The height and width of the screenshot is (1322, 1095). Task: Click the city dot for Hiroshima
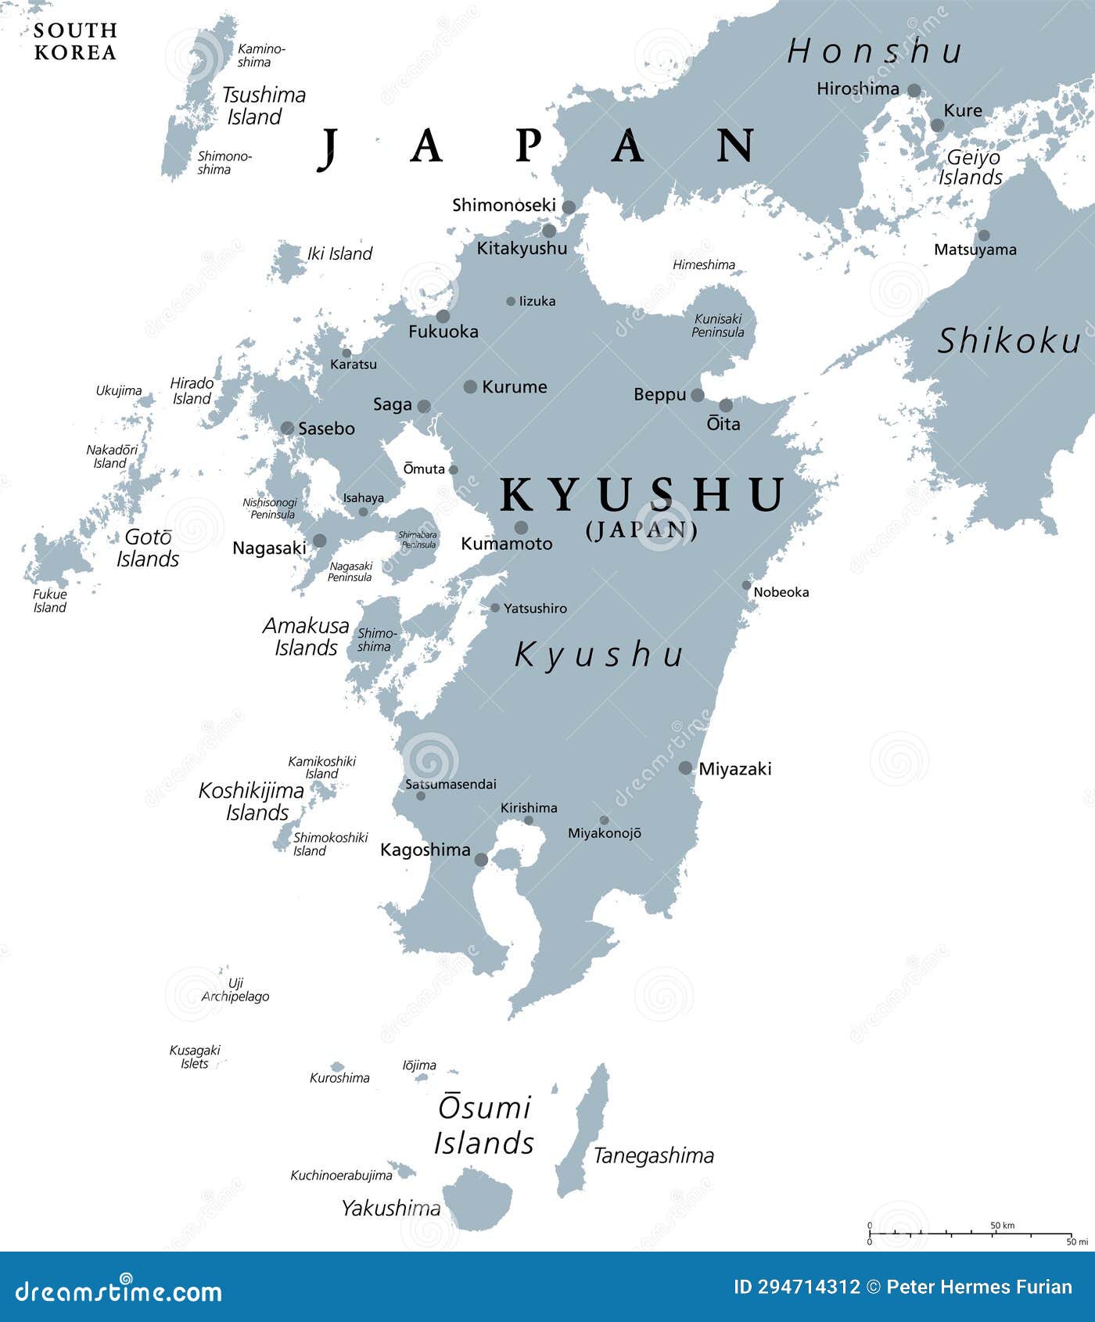914,90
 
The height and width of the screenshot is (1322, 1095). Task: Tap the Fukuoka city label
443,332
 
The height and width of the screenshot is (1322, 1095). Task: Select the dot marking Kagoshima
481,860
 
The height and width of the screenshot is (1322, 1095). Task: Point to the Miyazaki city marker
685,768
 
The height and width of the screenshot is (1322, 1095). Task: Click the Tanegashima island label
654,1155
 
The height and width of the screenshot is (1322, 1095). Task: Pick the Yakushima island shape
477,1197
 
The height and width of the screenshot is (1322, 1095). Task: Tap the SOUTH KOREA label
75,41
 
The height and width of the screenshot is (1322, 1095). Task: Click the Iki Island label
339,253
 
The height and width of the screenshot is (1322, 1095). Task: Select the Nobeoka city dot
746,585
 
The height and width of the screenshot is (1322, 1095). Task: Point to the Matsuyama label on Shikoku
975,250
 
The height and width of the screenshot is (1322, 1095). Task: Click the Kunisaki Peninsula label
717,325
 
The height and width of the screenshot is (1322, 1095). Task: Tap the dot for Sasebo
287,428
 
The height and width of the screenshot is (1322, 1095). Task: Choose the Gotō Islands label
148,548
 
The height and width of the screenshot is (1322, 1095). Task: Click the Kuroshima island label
339,1078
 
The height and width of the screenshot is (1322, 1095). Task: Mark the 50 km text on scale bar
1002,1225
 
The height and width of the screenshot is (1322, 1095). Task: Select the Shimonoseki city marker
569,207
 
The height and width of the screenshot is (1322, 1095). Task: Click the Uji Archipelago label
235,990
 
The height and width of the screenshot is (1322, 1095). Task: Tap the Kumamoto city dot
520,527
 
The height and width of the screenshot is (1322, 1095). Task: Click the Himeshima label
703,265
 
